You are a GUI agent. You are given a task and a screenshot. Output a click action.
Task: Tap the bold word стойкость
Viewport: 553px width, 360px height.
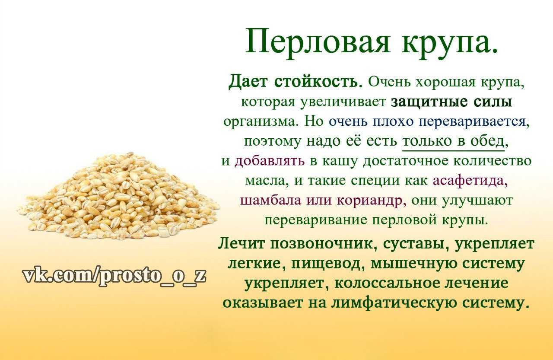(318, 82)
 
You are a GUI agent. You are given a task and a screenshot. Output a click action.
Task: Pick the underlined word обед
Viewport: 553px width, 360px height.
(487, 141)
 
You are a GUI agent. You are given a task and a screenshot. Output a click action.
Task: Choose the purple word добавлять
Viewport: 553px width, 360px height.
(270, 161)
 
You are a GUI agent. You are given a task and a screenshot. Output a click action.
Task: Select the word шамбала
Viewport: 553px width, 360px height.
(270, 200)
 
